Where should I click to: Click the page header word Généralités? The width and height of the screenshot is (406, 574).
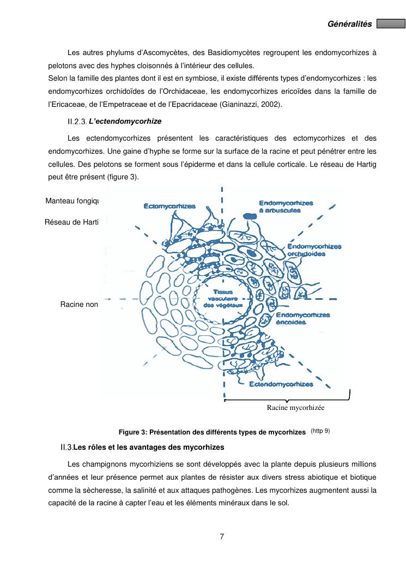click(349, 24)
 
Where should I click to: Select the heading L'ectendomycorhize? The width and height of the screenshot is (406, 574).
click(125, 120)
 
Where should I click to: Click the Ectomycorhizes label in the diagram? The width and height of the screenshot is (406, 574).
click(169, 207)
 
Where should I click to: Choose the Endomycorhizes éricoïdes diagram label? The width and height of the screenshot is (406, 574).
click(303, 318)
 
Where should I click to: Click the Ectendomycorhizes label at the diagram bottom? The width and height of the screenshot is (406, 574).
click(281, 385)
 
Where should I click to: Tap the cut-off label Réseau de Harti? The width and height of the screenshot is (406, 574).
click(71, 222)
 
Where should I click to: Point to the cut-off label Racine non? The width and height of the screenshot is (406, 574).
click(79, 305)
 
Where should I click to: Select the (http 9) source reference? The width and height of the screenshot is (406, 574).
click(320, 431)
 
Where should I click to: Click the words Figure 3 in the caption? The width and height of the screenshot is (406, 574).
click(131, 432)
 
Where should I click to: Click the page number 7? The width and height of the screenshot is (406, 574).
click(222, 536)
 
